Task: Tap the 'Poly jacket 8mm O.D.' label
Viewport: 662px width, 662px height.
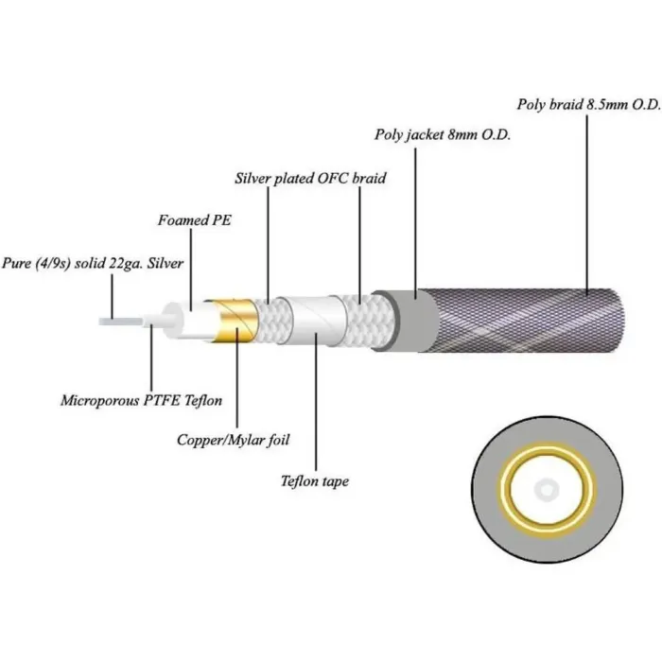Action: pos(442,134)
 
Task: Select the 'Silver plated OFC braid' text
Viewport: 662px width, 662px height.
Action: pos(310,177)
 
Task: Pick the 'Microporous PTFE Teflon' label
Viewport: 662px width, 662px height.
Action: pos(141,401)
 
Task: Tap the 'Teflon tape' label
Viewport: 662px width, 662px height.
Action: pos(315,481)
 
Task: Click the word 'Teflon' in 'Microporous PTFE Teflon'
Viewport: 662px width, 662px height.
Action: pos(200,401)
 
